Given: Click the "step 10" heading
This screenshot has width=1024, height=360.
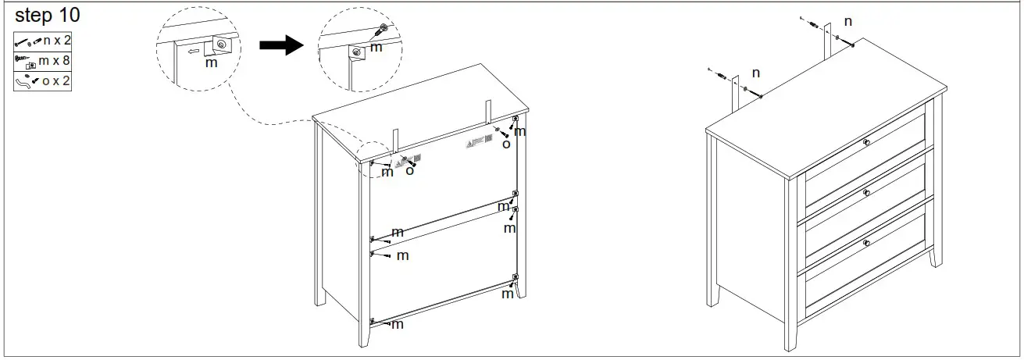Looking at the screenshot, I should coord(48,16).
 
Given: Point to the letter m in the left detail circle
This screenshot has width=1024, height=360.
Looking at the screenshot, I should coord(210,62).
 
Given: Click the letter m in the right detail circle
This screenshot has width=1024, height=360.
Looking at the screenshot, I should coord(376,48).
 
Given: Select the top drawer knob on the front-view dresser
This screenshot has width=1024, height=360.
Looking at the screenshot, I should coord(866,142).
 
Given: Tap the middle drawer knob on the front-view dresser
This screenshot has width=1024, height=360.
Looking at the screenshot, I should coord(866,192).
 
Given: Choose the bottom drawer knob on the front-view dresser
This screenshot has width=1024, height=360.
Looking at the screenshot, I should coord(866,244).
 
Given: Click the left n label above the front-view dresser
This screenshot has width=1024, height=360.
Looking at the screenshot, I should coord(755,73).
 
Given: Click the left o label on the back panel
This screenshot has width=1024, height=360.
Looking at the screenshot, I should coord(409,169).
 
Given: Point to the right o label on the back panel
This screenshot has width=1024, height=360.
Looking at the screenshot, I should coord(505,144).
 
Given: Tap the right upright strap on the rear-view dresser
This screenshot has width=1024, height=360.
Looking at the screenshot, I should coord(487,112).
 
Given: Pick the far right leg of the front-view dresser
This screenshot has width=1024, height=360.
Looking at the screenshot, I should coord(935,254).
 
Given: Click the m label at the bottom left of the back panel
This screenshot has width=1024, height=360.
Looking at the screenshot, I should coord(397,324).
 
